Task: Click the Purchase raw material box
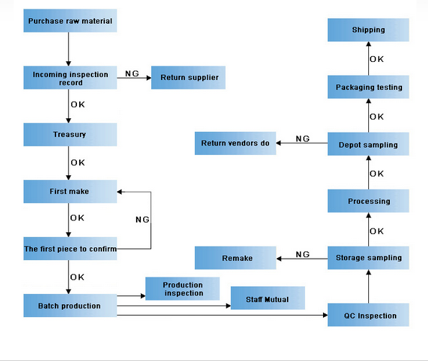70,21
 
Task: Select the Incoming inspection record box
70,78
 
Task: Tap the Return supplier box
188,78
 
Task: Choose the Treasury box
70,135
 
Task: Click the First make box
70,192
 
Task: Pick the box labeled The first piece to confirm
70,249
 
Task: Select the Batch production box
70,306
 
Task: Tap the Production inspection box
182,289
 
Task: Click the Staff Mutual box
268,298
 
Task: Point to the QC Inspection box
368,315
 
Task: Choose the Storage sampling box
368,258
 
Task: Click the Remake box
235,258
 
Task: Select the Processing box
368,201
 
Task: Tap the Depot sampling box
368,144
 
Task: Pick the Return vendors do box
235,143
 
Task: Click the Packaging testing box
368,87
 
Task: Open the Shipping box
368,30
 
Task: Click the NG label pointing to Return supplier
132,73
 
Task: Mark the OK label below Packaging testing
377,117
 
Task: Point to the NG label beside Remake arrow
303,254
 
